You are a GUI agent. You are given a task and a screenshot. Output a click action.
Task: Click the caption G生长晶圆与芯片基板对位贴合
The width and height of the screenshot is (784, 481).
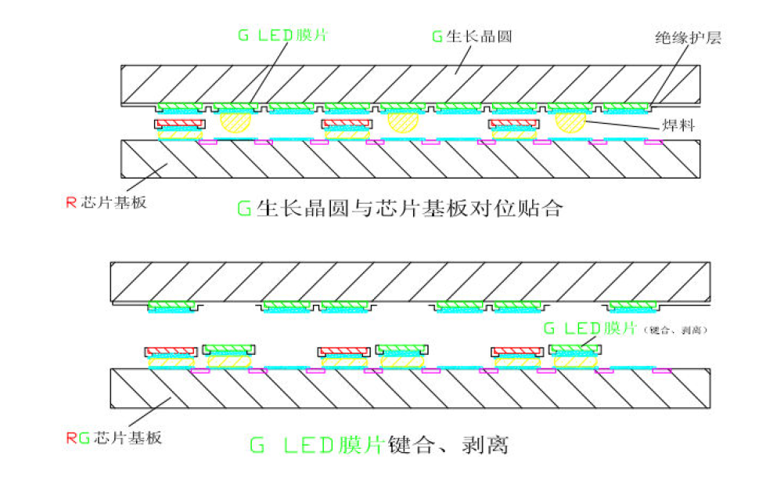pos(399,208)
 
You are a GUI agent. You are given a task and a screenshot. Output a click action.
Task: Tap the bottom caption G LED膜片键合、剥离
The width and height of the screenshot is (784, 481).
pos(379,445)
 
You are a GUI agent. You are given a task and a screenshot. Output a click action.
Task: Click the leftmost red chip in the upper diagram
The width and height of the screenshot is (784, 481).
pos(180,124)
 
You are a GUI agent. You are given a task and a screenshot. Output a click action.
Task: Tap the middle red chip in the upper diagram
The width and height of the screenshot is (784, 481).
pos(347,124)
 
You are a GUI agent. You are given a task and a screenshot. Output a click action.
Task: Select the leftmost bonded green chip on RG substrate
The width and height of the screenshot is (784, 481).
pos(228,349)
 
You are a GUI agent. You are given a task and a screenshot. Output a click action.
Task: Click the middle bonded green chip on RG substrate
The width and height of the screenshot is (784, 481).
pos(402,349)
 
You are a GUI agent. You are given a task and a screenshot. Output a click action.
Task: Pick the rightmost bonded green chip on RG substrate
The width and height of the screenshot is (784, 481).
pos(576,349)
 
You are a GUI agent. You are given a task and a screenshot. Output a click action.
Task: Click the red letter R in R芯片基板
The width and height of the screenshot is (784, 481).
pos(70,201)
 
